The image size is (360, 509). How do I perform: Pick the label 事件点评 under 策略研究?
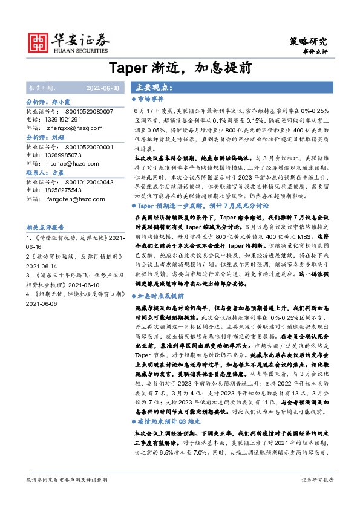(315, 53)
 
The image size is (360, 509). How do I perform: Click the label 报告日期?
(42, 88)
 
